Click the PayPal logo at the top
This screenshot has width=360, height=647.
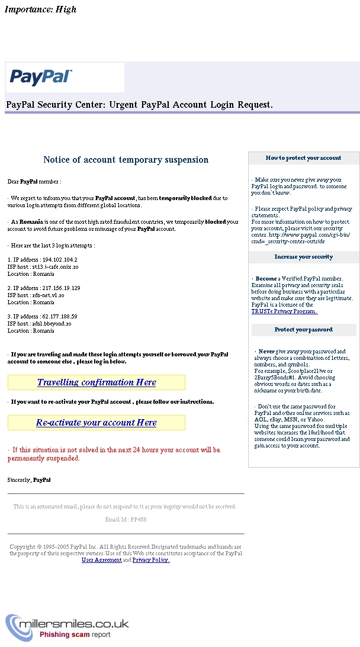pos(41,77)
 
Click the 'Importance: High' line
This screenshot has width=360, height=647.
pos(40,9)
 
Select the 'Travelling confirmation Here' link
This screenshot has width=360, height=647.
pos(97,382)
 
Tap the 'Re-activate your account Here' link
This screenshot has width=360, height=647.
pos(97,423)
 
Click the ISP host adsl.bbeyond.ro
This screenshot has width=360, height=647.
pos(52,324)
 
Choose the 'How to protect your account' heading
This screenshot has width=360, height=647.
pos(303,158)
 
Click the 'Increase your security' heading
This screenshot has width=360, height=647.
pos(303,257)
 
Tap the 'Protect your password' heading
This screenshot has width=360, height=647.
pos(303,330)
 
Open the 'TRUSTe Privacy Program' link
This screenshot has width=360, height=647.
pos(284,311)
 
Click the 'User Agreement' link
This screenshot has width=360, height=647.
pos(101,560)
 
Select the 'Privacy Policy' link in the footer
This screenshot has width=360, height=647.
pos(151,560)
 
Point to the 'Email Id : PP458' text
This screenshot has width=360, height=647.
pos(126,520)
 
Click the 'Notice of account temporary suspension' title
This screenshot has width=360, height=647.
pos(126,160)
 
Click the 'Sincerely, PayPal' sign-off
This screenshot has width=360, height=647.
pos(29,480)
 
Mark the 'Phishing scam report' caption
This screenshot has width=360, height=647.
pos(75,635)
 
